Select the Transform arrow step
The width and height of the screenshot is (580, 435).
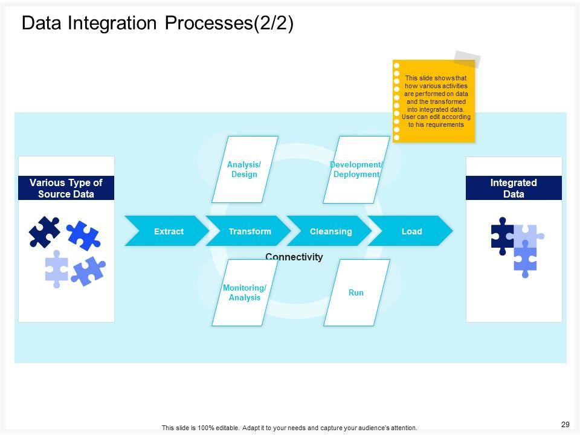tap(250, 231)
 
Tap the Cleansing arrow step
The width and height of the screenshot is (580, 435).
tap(330, 231)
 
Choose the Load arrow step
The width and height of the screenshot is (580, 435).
tap(411, 231)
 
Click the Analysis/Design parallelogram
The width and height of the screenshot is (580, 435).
tap(245, 169)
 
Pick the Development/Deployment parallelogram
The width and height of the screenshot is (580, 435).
tap(356, 169)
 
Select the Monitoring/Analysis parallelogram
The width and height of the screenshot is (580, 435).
tap(245, 292)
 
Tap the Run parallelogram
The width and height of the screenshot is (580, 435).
tap(356, 292)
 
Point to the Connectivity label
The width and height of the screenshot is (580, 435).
tap(294, 257)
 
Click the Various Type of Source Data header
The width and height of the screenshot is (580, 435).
tap(66, 188)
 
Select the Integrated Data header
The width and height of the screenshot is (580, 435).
tap(514, 188)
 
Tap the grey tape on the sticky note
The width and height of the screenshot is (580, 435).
tap(467, 59)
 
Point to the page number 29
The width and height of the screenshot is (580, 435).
tap(565, 425)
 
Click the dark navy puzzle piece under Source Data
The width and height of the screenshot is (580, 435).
tap(45, 231)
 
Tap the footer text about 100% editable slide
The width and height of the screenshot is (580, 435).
tap(289, 428)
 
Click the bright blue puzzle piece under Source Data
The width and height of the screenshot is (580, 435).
tap(83, 235)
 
